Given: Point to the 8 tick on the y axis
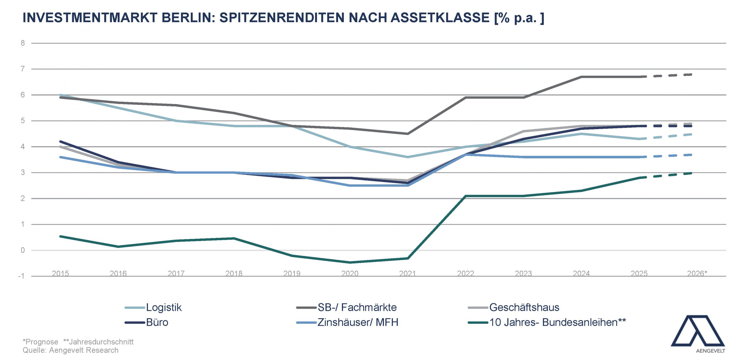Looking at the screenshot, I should pyautogui.click(x=23, y=43).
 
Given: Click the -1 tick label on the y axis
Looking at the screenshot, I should pyautogui.click(x=21, y=276).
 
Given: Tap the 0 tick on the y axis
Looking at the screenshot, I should pyautogui.click(x=23, y=250).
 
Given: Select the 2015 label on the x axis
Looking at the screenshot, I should pyautogui.click(x=60, y=274).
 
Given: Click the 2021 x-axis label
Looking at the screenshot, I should pyautogui.click(x=408, y=274).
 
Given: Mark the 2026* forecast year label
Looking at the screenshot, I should pyautogui.click(x=697, y=274).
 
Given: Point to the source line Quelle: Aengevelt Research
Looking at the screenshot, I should pyautogui.click(x=71, y=350).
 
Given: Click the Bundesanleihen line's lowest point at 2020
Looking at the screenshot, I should pyautogui.click(x=350, y=262).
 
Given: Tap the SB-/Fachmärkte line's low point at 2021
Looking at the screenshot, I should pyautogui.click(x=408, y=134).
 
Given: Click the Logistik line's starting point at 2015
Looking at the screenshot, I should pyautogui.click(x=60, y=95).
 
